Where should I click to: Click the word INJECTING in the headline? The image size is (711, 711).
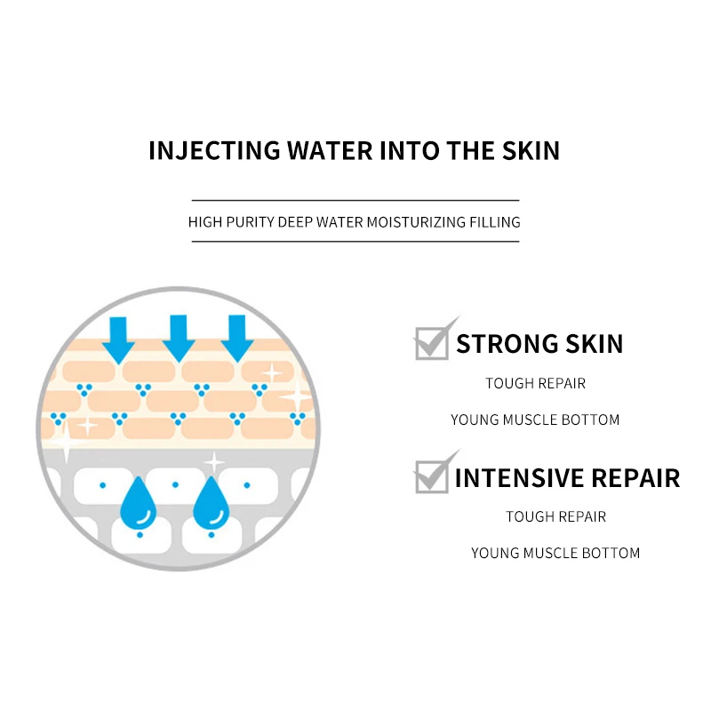(214, 150)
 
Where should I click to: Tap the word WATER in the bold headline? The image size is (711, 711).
(330, 150)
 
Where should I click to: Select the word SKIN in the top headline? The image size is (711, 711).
(531, 150)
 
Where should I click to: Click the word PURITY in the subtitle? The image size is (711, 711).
(251, 222)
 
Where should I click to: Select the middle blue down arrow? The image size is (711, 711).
(179, 339)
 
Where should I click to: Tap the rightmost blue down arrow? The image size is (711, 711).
(237, 339)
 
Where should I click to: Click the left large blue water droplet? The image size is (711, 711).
(139, 505)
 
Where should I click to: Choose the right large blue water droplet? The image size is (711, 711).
(212, 505)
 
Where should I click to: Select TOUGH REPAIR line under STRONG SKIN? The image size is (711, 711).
(536, 384)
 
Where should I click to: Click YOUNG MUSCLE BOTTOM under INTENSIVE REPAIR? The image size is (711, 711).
(555, 553)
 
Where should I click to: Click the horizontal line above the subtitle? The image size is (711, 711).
(355, 200)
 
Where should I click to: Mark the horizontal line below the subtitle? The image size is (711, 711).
(355, 241)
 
